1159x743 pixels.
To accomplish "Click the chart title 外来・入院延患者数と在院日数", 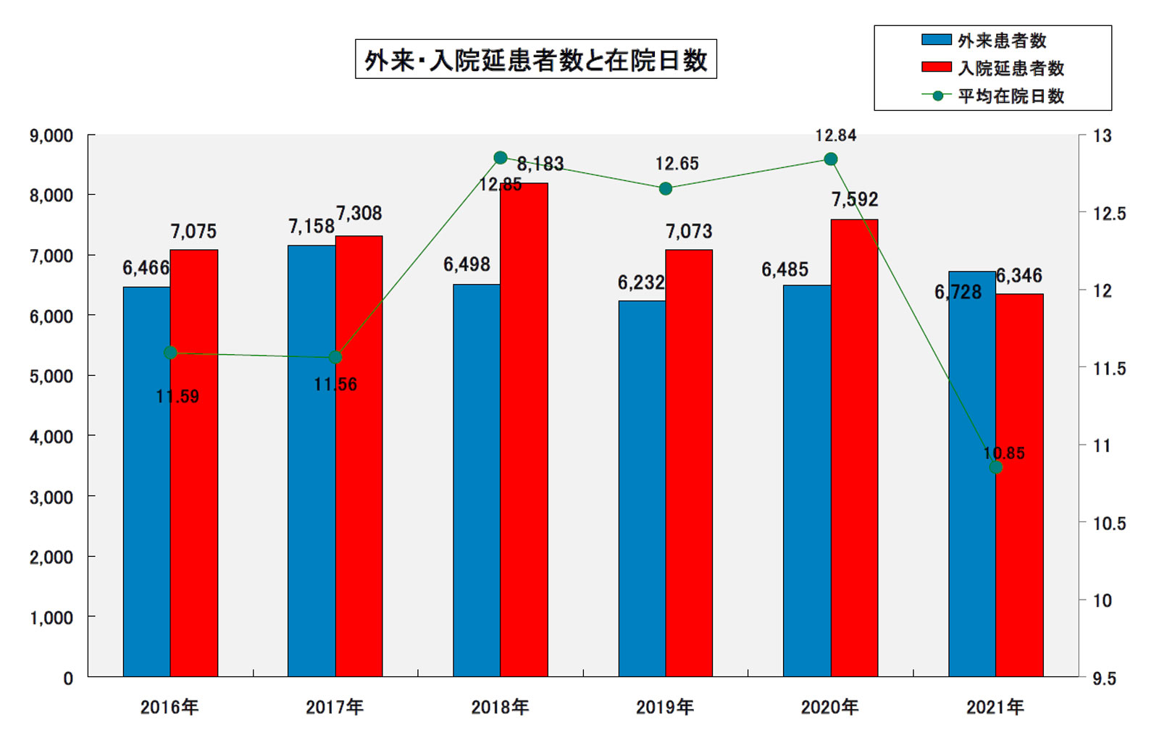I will coord(535,59).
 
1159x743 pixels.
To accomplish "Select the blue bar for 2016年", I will coord(146,482).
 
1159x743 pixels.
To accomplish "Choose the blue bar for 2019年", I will coord(642,489).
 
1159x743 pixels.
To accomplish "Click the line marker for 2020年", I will coord(831,159).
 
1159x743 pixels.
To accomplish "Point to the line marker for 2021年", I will coord(996,468).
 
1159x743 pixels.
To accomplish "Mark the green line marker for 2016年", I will coord(170,353).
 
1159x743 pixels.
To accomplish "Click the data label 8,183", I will coord(540,164).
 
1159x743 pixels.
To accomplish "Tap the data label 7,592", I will coord(855,199).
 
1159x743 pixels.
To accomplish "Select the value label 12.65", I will coord(677,164).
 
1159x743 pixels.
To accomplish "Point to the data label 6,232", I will coord(641,282).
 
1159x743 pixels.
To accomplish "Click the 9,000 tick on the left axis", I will coord(51,136).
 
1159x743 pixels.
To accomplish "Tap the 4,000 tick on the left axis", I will coord(51,437).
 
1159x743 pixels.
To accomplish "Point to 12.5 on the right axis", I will coord(1109,214).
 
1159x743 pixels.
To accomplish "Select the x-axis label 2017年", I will coord(335,707).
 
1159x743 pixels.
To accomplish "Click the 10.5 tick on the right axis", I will coord(1109,524).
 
